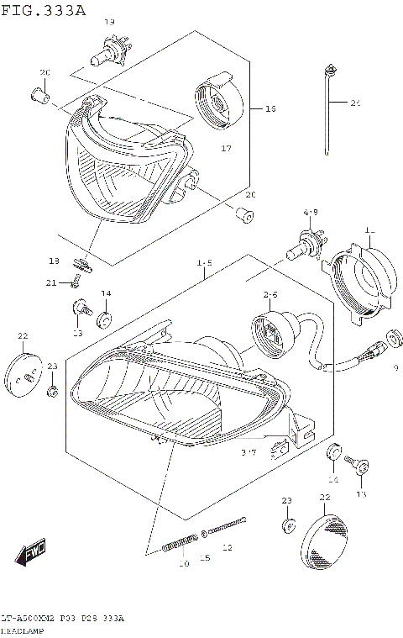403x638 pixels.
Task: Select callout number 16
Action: point(270,108)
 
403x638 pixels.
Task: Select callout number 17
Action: point(225,149)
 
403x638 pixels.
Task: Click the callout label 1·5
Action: point(204,263)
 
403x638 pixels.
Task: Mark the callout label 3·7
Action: point(248,453)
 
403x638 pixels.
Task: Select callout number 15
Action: point(204,558)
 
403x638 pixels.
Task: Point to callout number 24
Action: point(355,103)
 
